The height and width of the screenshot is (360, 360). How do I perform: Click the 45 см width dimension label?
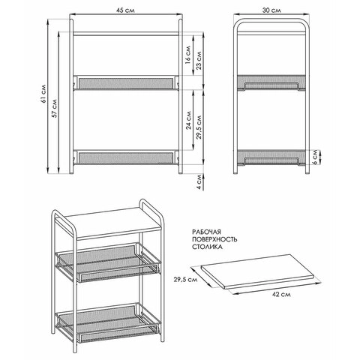126,10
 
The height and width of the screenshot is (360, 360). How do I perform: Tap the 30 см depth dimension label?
271,10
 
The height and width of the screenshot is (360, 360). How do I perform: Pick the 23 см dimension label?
199,61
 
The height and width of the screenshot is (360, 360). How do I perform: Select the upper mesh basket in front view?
126,80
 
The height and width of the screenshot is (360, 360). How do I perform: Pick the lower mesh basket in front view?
126,157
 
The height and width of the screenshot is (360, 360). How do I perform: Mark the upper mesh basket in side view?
271,81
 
